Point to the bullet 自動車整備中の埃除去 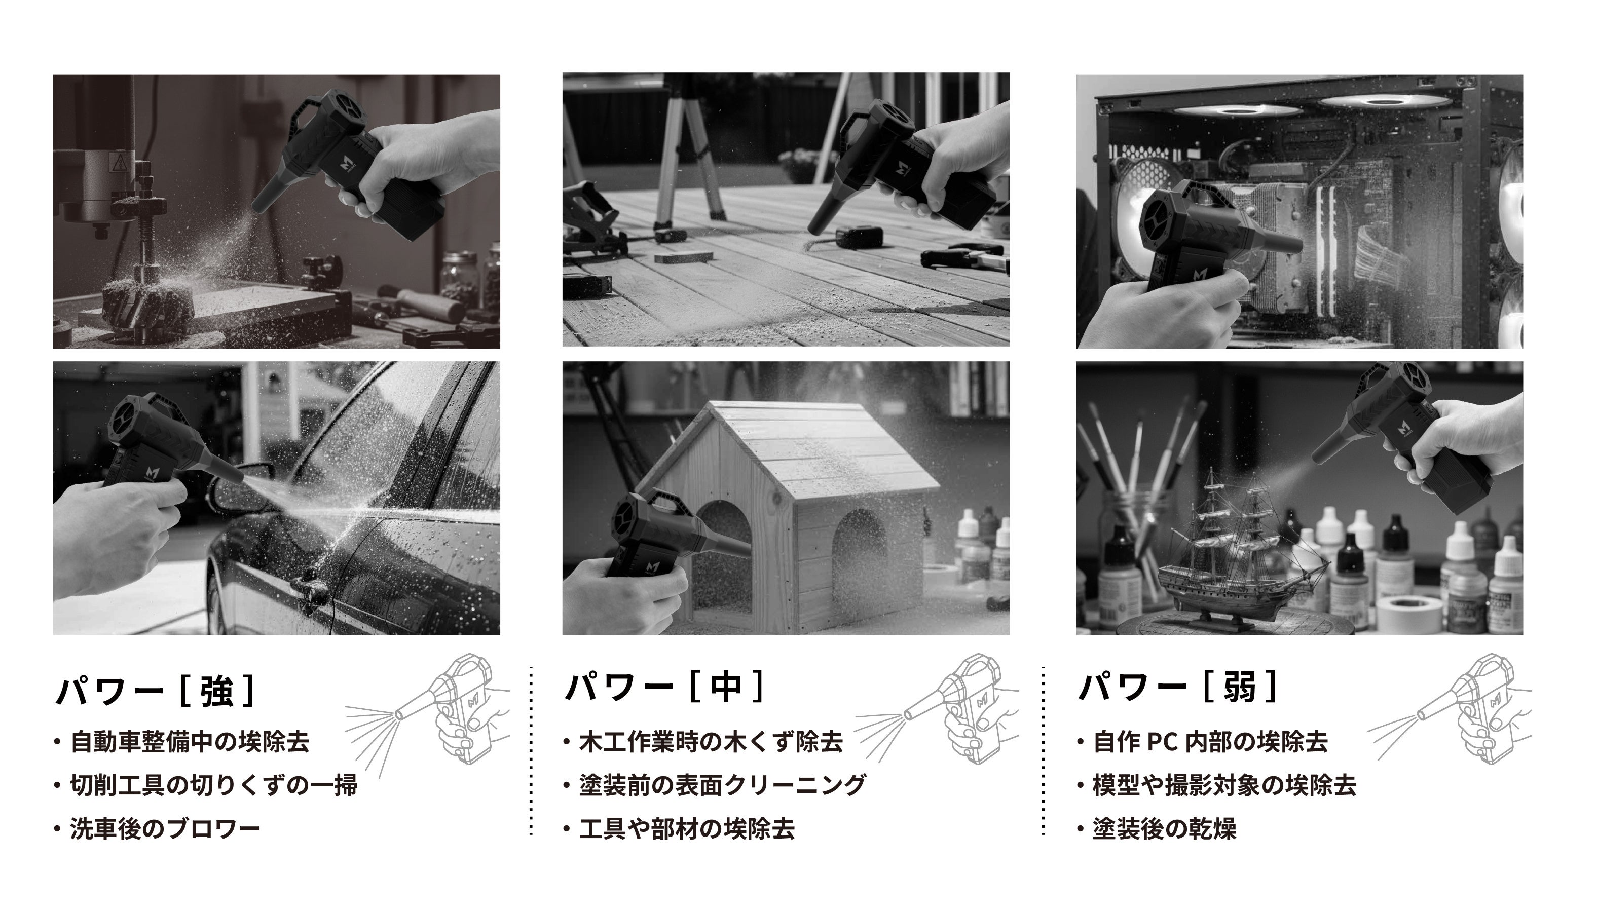pyautogui.click(x=190, y=742)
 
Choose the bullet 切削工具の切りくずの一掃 pyautogui.click(x=214, y=785)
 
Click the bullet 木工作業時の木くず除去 pyautogui.click(x=711, y=742)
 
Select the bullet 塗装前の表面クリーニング pyautogui.click(x=722, y=785)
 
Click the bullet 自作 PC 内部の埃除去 pyautogui.click(x=1210, y=742)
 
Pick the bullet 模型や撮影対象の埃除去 pyautogui.click(x=1224, y=785)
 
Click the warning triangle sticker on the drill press pyautogui.click(x=119, y=164)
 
